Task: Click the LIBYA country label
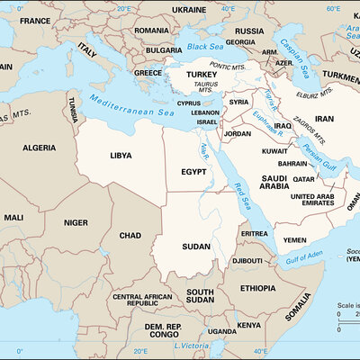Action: click(121, 155)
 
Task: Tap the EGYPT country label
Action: click(194, 170)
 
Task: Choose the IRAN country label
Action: click(323, 119)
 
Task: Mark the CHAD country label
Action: click(130, 235)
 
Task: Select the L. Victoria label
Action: click(191, 346)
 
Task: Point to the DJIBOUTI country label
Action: click(247, 260)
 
